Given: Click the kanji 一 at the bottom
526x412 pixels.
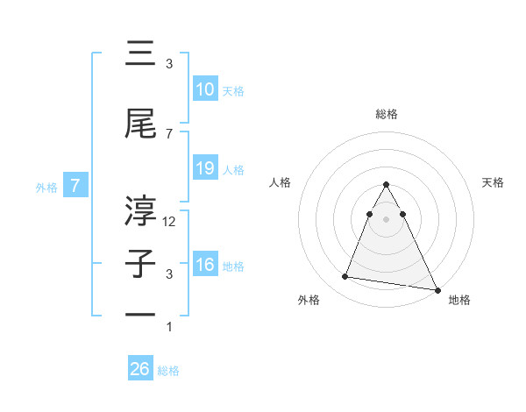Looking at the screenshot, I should click(x=141, y=314).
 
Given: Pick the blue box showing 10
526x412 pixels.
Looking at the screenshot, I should click(x=204, y=90).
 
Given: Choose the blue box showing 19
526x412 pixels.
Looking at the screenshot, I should click(x=204, y=169).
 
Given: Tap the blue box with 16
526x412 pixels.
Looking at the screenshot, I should click(x=204, y=266).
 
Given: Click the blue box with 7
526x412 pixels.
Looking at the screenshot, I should click(x=75, y=186).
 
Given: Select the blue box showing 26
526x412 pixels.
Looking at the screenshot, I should click(x=140, y=370).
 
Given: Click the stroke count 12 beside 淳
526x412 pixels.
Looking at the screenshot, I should click(x=169, y=222).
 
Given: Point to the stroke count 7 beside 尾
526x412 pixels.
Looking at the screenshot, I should click(x=169, y=133).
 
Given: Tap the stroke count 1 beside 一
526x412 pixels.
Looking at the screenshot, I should click(x=169, y=327).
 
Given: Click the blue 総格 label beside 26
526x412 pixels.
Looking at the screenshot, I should click(x=168, y=371).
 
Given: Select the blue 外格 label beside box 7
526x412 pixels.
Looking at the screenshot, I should click(x=46, y=187).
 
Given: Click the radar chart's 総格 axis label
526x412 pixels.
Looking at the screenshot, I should click(x=386, y=114).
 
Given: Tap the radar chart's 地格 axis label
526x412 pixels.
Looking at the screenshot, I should click(x=459, y=301).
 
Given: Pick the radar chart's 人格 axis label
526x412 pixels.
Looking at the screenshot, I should click(x=281, y=182).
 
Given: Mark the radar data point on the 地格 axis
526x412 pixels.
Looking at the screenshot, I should click(x=437, y=290).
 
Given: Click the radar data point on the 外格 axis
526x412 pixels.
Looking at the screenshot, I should click(x=345, y=277).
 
